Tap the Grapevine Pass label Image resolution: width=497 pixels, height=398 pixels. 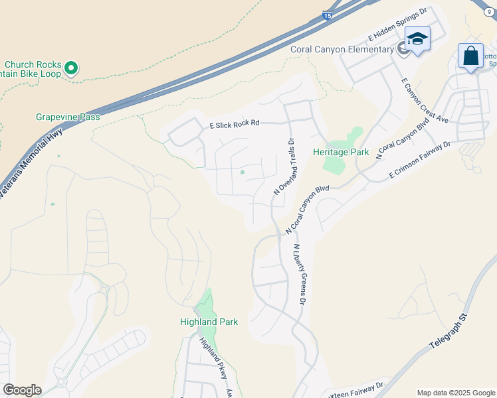[68, 117]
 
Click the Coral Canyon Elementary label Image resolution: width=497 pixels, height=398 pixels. [342, 50]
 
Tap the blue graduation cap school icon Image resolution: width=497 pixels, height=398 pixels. [417, 39]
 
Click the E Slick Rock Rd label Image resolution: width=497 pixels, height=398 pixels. [235, 123]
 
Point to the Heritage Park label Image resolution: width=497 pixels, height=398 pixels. [341, 152]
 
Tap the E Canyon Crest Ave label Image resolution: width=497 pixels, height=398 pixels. [425, 100]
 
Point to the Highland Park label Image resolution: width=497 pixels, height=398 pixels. [209, 322]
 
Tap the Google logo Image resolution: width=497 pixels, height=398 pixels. [22, 390]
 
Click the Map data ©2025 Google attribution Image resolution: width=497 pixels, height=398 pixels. [455, 393]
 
